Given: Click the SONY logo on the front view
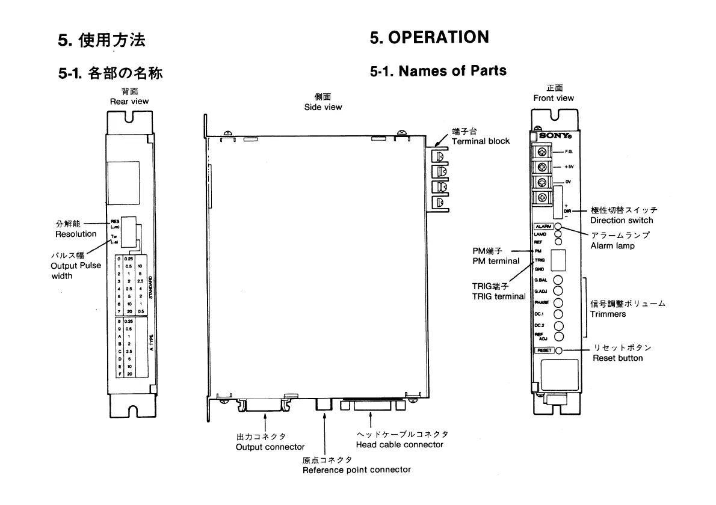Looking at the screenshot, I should (x=550, y=135).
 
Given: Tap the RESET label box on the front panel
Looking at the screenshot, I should (x=543, y=350).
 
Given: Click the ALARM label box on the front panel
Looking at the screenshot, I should (x=543, y=226).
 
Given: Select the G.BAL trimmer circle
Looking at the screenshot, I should (x=558, y=280).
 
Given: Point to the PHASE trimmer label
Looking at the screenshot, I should (x=542, y=303).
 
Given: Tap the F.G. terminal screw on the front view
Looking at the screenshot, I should (x=543, y=151).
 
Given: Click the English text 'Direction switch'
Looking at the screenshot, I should (x=621, y=220).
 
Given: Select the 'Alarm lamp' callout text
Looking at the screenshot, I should (x=613, y=245).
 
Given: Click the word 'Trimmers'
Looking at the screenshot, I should (x=608, y=314).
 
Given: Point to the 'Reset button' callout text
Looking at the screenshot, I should (x=617, y=358).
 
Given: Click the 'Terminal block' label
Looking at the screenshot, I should (x=480, y=141).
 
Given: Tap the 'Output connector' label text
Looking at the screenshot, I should (x=270, y=447).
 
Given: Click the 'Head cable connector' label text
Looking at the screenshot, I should (x=399, y=445).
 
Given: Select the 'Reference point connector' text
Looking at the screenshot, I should (x=356, y=470).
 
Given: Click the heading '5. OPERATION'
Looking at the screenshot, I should (x=429, y=37).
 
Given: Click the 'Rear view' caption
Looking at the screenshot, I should (x=129, y=102).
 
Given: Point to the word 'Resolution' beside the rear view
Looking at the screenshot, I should (x=76, y=234).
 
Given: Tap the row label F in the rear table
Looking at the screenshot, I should (x=120, y=373).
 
